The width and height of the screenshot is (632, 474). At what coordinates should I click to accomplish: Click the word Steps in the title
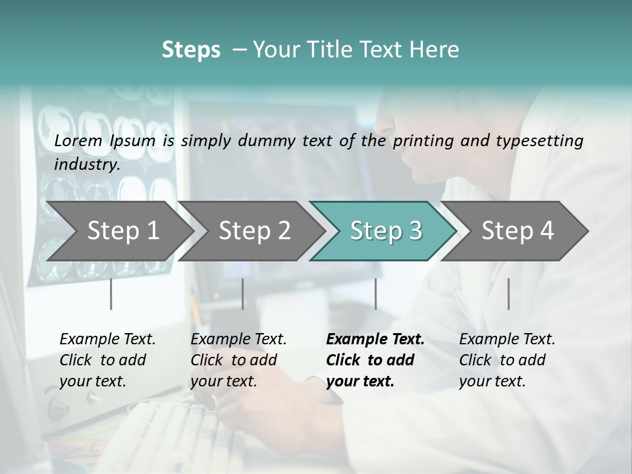[x=191, y=50]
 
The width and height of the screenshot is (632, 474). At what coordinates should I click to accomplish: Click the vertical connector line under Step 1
[x=111, y=294]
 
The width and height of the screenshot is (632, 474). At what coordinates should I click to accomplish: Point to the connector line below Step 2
[x=243, y=294]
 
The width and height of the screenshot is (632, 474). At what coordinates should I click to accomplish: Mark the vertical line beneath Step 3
[x=375, y=294]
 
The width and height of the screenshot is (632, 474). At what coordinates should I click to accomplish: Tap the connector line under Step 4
[x=508, y=294]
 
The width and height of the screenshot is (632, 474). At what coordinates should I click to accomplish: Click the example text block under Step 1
[x=107, y=360]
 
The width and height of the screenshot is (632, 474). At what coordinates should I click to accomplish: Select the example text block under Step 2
[x=238, y=360]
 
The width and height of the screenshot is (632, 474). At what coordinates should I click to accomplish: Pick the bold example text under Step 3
[x=375, y=360]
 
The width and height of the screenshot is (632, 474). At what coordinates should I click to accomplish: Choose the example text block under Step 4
[x=507, y=360]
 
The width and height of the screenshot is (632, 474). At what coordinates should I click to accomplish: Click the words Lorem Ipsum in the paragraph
[x=105, y=141]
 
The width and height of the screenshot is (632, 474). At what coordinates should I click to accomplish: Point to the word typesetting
[x=545, y=141]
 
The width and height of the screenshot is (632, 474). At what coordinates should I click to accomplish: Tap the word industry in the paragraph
[x=86, y=165]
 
